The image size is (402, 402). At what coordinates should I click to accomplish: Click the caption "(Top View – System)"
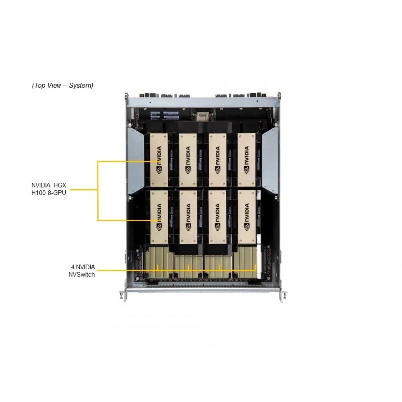[x=62, y=85]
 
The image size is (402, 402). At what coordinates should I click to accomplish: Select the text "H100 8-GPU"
[x=49, y=193]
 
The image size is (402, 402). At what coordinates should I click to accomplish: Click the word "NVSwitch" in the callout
[x=81, y=274]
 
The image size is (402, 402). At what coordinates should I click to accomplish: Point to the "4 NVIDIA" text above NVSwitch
[x=83, y=267]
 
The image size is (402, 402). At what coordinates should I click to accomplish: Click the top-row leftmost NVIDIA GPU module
[x=159, y=160]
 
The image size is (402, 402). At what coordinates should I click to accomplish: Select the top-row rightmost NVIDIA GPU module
[x=247, y=160]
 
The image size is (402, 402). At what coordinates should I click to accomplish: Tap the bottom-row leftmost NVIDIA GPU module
[x=159, y=217]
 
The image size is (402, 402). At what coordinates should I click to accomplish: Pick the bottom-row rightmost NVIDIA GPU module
[x=247, y=217]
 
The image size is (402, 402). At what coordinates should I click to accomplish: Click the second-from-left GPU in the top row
[x=188, y=160]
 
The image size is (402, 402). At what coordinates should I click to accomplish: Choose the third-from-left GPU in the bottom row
[x=218, y=217]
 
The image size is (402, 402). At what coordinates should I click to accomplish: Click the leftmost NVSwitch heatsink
[x=159, y=262]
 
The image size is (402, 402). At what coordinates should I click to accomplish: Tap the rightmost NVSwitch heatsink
[x=245, y=262]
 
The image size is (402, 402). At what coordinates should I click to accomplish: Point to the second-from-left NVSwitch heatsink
[x=188, y=267]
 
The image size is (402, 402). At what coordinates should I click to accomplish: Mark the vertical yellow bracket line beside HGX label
[x=97, y=191]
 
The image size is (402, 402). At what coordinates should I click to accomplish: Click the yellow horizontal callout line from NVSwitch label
[x=177, y=270]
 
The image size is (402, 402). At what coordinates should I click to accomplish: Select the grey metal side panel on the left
[x=135, y=161]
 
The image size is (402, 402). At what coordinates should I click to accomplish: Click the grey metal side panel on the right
[x=270, y=161]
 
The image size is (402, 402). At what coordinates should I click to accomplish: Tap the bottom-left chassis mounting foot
[x=124, y=295]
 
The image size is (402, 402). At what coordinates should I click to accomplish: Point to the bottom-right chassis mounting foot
[x=283, y=295]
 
